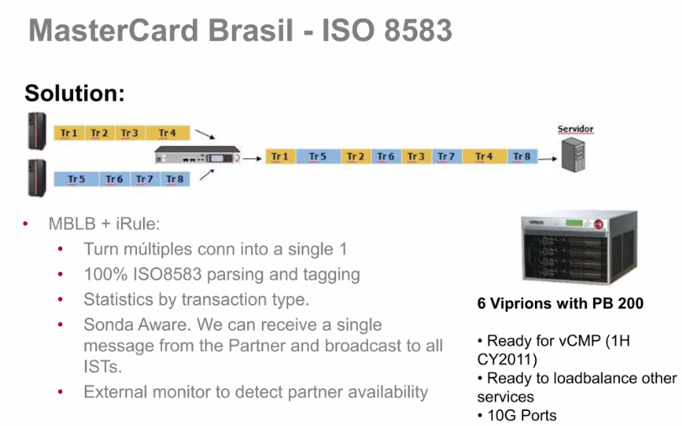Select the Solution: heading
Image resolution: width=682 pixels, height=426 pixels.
[x=75, y=93]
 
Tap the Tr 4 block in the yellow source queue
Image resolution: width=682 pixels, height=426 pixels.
[x=167, y=133]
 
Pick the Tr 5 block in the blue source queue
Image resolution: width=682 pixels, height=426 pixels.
[x=76, y=179]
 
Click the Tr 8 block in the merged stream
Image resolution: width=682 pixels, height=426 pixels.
[x=522, y=156]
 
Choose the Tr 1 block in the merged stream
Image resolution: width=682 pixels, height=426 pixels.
[x=280, y=156]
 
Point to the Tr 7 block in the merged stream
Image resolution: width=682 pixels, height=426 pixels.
[x=446, y=156]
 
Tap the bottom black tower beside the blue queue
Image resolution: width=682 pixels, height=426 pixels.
[x=36, y=177]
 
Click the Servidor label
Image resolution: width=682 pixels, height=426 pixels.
[x=575, y=129]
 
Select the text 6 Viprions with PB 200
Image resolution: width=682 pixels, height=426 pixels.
[x=560, y=303]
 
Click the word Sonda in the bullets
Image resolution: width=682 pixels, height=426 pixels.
[x=106, y=324]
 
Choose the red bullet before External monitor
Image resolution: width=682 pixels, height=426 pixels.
[x=60, y=392]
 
